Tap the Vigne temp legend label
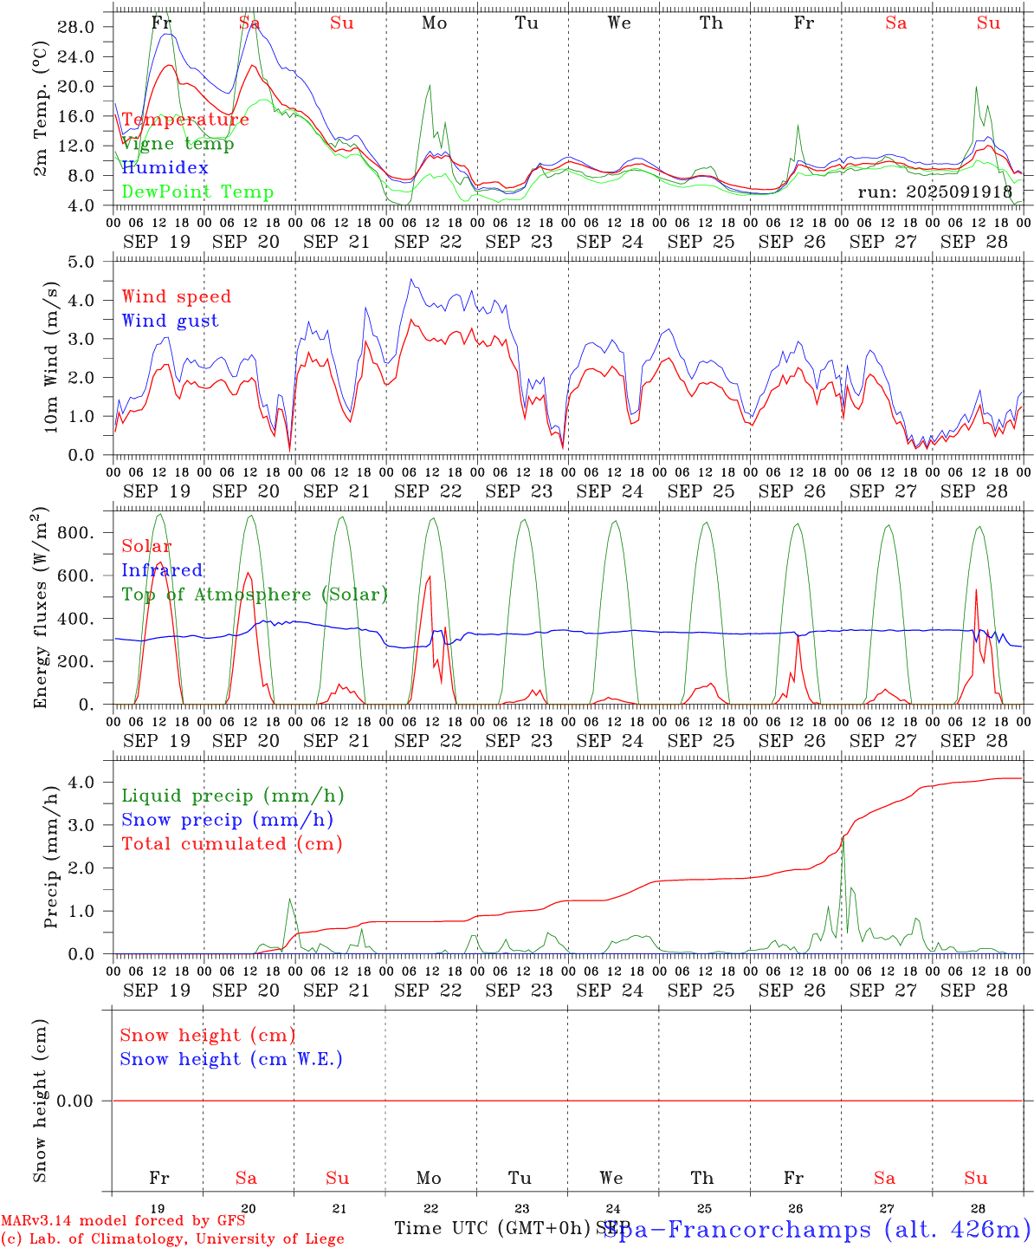pos(178,144)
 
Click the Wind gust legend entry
pos(170,321)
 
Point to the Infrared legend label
pos(162,570)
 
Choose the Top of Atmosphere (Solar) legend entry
pos(255,595)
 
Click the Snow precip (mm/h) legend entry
pos(227,820)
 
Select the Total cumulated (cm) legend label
pos(231,844)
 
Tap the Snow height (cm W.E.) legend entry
pos(231,1059)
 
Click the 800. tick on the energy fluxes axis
pos(76,533)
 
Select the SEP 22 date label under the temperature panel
pos(429,242)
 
